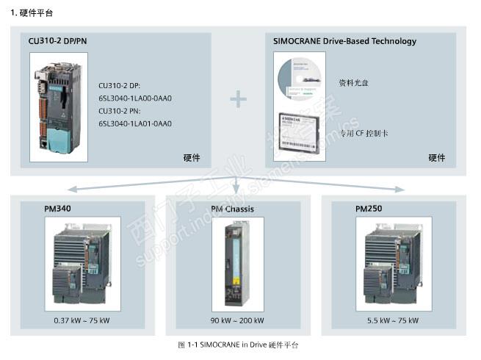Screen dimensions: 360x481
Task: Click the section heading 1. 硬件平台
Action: point(32,12)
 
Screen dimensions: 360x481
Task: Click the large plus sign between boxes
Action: point(238,99)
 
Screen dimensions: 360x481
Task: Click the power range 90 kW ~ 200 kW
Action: point(236,321)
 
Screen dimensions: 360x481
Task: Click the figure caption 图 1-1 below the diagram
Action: point(238,345)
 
